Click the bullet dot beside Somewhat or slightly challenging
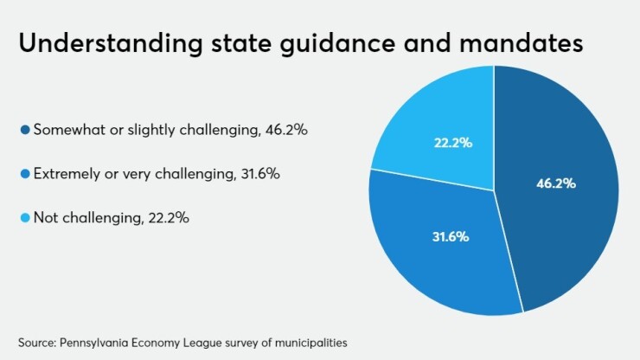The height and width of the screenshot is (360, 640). point(25,130)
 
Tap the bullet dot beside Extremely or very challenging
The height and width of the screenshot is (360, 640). point(25,174)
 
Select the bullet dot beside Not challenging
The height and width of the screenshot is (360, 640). point(25,218)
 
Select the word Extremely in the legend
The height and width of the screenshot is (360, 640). point(66,174)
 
